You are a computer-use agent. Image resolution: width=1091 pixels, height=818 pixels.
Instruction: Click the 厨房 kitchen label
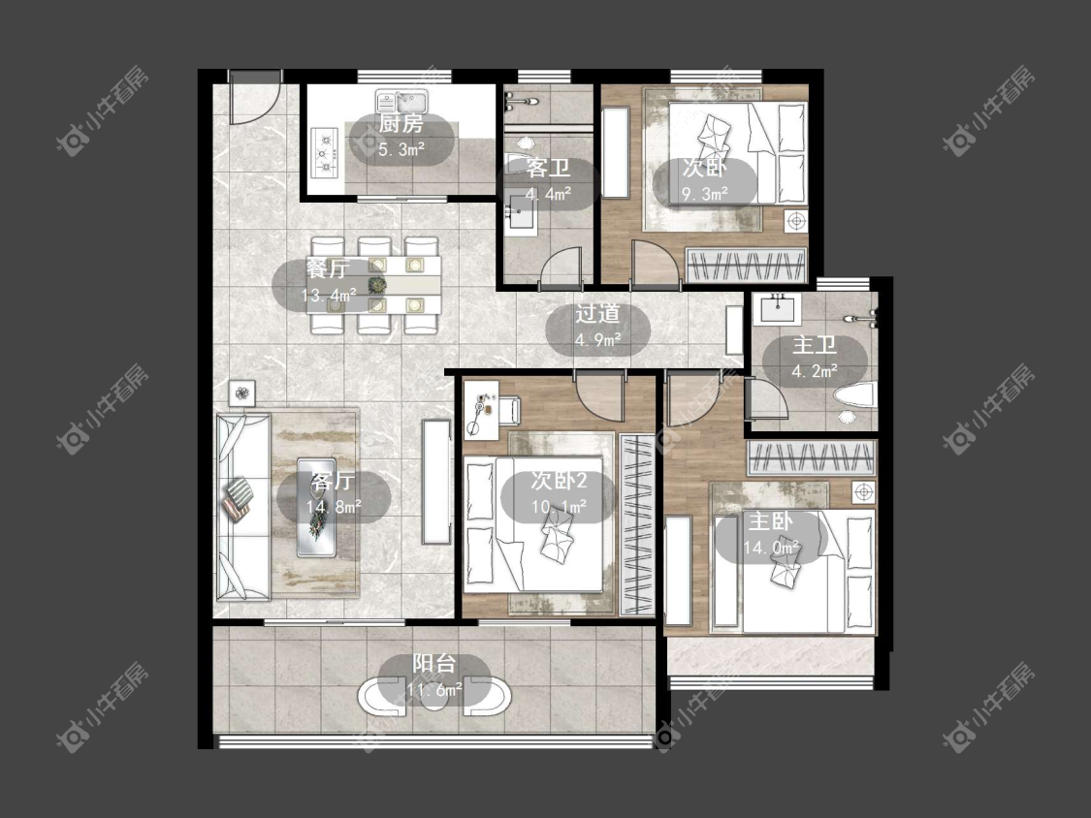[401, 124]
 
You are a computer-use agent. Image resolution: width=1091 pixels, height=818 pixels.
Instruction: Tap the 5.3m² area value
[401, 149]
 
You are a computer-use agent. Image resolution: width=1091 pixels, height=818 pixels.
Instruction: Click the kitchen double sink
[400, 102]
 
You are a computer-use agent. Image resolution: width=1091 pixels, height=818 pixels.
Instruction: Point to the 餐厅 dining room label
[327, 267]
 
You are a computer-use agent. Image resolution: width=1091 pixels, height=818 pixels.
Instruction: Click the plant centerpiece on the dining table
[376, 285]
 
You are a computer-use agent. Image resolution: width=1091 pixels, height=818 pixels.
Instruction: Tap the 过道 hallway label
[597, 314]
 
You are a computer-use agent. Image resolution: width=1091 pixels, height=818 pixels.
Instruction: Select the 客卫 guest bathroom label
[548, 168]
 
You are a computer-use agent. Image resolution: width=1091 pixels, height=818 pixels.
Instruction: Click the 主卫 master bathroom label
[814, 345]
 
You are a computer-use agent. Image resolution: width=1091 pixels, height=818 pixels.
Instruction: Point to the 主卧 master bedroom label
[770, 521]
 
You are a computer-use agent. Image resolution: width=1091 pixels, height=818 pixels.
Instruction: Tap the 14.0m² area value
[771, 548]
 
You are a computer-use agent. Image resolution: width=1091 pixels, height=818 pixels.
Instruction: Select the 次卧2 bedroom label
[559, 480]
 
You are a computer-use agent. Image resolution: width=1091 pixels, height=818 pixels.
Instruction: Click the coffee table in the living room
[316, 507]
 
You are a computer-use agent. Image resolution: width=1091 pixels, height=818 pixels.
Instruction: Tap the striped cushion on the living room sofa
[238, 499]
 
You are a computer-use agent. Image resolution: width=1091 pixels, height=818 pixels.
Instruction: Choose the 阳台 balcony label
[434, 664]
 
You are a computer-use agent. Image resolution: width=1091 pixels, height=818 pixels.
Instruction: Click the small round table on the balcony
[434, 699]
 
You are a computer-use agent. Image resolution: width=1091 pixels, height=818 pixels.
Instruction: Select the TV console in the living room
[437, 482]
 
